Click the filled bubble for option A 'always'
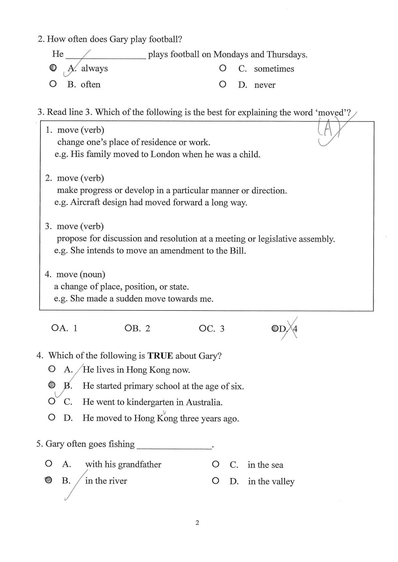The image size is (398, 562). [x=53, y=68]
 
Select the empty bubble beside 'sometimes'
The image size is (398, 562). [x=222, y=68]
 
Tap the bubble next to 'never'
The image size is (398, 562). [x=222, y=84]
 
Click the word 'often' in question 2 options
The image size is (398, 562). [x=90, y=85]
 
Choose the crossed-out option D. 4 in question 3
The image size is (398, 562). [x=285, y=329]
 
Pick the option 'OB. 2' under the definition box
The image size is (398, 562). [x=137, y=328]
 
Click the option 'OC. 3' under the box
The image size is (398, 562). [x=211, y=329]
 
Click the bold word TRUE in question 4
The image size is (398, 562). [x=160, y=356]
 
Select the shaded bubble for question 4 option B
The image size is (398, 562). [x=52, y=385]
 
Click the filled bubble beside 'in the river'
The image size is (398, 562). [x=49, y=480]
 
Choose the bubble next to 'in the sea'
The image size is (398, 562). [x=216, y=464]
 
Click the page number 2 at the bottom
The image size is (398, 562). [x=197, y=523]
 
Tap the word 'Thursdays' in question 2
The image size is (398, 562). [x=286, y=54]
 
